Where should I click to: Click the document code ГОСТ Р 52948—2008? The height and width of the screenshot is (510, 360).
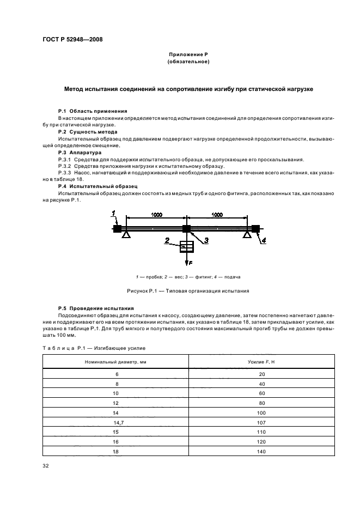pyautogui.click(x=72, y=39)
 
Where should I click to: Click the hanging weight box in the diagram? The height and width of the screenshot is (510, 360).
pyautogui.click(x=186, y=247)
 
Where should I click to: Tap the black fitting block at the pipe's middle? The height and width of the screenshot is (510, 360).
pyautogui.click(x=186, y=229)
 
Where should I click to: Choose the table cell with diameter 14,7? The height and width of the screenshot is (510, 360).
pyautogui.click(x=115, y=422)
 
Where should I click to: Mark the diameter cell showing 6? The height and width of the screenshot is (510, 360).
pyautogui.click(x=116, y=374)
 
